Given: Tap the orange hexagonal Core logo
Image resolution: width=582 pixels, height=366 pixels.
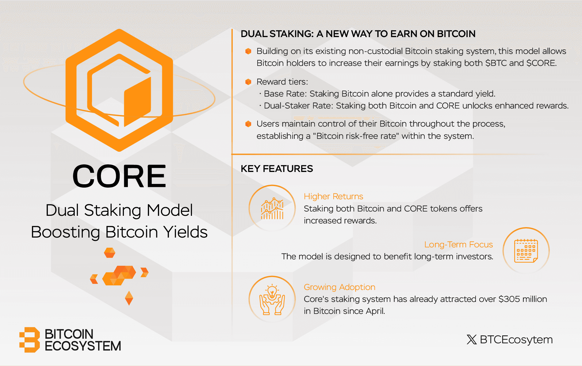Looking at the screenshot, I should coord(119,90).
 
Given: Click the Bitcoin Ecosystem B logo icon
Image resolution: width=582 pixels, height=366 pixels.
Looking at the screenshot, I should coord(30,340).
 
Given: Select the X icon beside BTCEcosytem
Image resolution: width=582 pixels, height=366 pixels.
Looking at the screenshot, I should coord(472,340).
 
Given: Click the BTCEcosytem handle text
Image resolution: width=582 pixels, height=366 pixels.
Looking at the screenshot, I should coord(516,340).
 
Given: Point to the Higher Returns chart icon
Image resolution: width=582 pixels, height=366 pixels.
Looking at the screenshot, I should coord(272,208).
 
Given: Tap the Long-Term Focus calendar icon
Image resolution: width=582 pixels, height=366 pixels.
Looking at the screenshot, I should coord(526,251).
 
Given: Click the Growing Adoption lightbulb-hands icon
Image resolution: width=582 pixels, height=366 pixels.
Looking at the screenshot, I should coord(272,299).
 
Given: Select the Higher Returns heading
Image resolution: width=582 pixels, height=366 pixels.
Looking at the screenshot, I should coord(333,196).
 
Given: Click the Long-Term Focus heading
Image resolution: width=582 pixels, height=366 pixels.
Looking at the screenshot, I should coord(458,245).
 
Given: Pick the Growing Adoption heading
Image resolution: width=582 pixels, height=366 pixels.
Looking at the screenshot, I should coord(339,287).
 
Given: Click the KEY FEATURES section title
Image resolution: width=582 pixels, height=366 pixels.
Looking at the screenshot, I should coord(277,169).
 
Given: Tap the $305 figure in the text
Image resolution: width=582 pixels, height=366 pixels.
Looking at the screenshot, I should coord(509,299).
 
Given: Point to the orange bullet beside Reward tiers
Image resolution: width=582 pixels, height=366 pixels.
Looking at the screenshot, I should coord(248,82).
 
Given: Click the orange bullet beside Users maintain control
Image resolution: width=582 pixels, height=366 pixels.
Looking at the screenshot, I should coord(248,124).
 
